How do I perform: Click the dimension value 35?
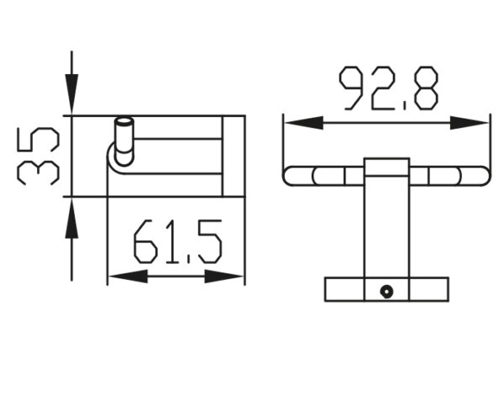tap(38, 156)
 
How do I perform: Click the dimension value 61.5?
tap(178, 241)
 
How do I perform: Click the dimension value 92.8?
tap(389, 88)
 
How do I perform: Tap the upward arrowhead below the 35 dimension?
tap(71, 218)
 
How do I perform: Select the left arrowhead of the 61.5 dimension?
tap(129, 277)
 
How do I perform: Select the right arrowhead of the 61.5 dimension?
tap(224, 277)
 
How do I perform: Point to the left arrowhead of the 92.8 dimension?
tap(304, 123)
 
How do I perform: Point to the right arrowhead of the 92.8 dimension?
tap(469, 123)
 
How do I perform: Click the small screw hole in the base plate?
tap(386, 292)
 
